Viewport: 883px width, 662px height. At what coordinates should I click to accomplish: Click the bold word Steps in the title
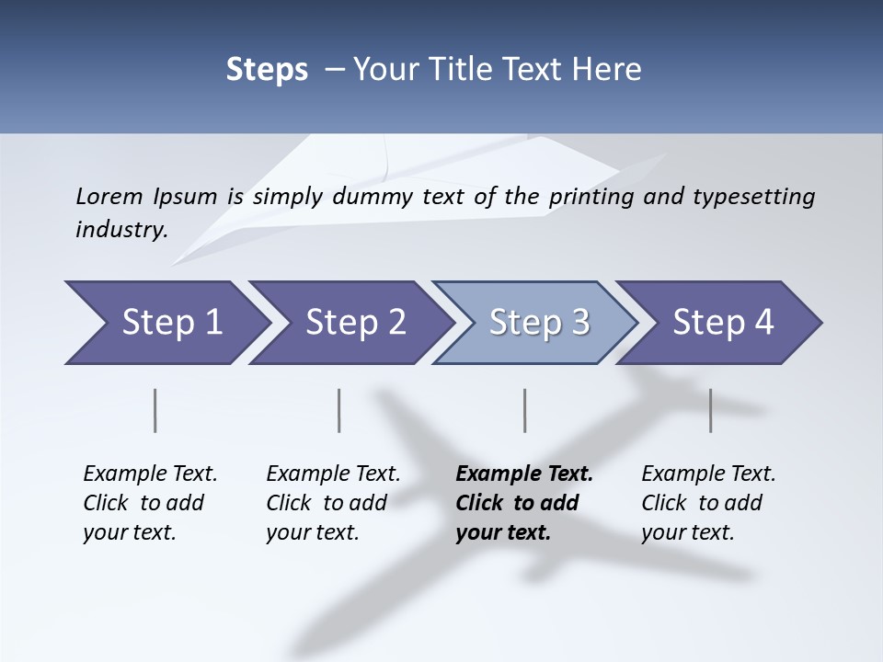(267, 69)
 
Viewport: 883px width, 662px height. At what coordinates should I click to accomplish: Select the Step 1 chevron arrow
(166, 323)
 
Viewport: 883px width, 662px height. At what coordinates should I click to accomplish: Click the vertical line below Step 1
(155, 410)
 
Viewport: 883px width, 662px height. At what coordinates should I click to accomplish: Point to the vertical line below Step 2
(339, 410)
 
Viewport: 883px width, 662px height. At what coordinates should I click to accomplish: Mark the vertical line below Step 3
(524, 410)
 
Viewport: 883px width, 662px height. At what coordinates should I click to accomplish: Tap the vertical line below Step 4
(710, 410)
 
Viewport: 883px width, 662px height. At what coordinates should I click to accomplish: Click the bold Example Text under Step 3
(524, 503)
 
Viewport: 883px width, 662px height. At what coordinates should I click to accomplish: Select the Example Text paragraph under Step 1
(150, 503)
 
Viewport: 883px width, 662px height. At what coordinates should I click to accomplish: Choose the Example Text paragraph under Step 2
(333, 503)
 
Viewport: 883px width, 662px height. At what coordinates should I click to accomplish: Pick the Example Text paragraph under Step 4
(708, 503)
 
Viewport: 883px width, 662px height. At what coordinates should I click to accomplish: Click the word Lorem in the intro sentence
(109, 196)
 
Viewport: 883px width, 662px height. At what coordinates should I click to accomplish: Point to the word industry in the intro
(120, 230)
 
